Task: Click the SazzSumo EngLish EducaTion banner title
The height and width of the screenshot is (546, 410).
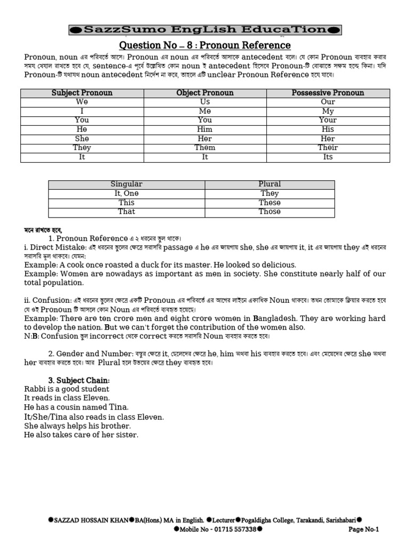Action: pos(205,30)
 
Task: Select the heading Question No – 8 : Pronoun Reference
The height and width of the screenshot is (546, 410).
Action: pos(204,45)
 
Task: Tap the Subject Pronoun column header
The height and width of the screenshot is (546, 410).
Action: pos(82,93)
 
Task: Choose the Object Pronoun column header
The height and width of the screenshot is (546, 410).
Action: pos(205,93)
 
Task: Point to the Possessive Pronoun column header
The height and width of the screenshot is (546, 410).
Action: pos(328,93)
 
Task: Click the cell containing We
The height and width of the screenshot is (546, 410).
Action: pos(82,102)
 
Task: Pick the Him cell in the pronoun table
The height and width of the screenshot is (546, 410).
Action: pos(205,130)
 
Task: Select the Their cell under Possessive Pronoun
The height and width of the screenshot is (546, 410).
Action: pos(328,148)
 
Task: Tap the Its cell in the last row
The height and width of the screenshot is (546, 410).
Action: pos(328,157)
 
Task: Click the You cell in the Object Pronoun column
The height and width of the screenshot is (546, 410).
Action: pos(205,120)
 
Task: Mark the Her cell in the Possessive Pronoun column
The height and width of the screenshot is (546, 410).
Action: pos(328,139)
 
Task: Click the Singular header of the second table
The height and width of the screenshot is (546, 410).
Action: pos(127,184)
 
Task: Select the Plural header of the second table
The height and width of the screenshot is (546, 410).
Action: pos(270,184)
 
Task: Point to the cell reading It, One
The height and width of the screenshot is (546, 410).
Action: pos(127,194)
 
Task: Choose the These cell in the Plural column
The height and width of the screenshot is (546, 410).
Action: pos(270,203)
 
